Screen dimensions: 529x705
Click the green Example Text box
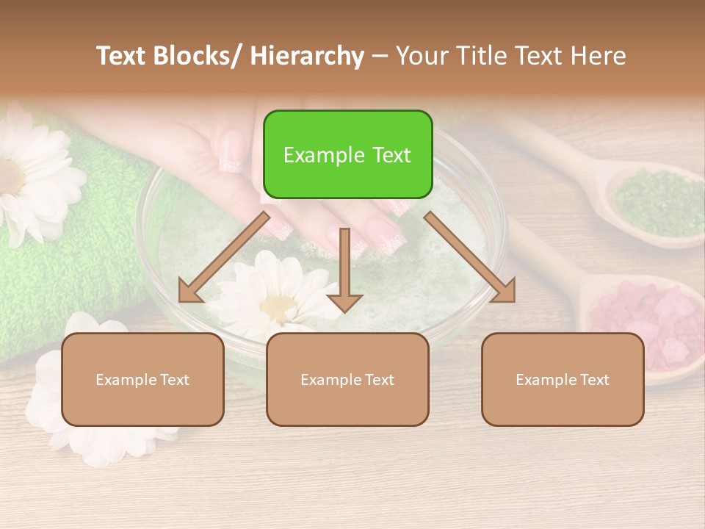click(x=347, y=154)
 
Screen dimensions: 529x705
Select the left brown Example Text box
click(x=142, y=379)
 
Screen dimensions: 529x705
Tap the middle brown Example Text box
click(x=347, y=379)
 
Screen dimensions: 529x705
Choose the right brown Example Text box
click(x=563, y=379)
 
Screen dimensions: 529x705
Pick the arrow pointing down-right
click(x=470, y=257)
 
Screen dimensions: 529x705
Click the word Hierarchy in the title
click(x=306, y=56)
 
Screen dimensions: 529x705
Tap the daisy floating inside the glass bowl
click(x=275, y=298)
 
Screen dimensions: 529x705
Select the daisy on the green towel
click(x=29, y=176)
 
